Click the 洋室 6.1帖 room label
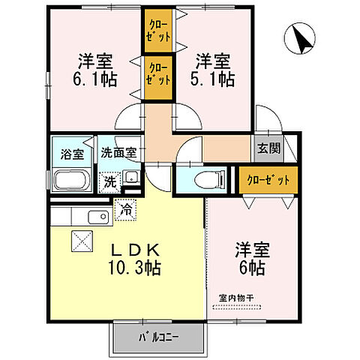coord(95,70)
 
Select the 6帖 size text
coord(253,267)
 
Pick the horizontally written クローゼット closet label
coord(267,180)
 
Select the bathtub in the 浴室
coord(71,180)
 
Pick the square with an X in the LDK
coord(79,241)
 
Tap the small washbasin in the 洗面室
coord(130,178)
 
